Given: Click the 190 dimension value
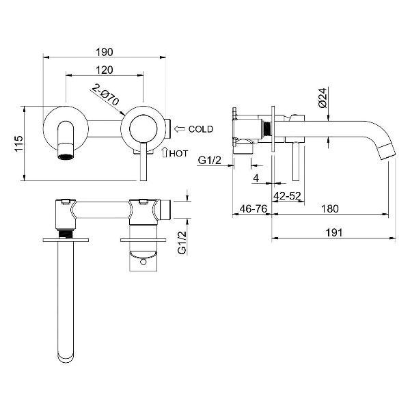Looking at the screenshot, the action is [x=105, y=52].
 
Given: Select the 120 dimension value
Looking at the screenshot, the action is [x=105, y=70].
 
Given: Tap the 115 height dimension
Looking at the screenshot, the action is [x=19, y=143].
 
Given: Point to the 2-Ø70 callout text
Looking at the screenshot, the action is [x=106, y=94].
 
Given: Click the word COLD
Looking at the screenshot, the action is [x=201, y=129].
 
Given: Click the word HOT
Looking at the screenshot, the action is [x=178, y=154].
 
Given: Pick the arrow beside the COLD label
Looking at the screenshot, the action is [x=179, y=129].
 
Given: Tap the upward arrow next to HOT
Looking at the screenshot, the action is [x=165, y=152].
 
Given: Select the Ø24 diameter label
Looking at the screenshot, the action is [x=323, y=98].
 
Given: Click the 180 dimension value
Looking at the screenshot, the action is [x=330, y=208].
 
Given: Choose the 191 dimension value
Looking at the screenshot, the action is [x=334, y=232].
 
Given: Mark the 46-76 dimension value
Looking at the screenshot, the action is [x=254, y=208].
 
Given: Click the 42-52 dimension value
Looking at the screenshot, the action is [x=287, y=195].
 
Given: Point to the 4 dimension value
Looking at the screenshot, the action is [x=256, y=178].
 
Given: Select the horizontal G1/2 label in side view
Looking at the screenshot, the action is [x=210, y=160].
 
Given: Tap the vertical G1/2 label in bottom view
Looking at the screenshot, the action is [x=182, y=243].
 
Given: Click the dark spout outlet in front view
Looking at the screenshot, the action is [x=66, y=156].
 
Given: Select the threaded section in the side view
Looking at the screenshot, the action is [x=267, y=128].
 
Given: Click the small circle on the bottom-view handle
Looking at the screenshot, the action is [x=143, y=262].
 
